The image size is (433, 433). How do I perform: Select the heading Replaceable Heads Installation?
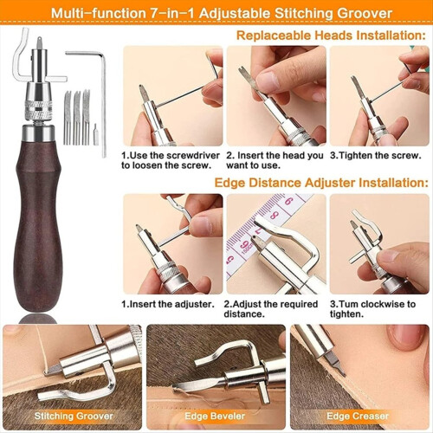click(x=331, y=36)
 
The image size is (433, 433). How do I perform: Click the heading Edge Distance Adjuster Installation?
click(x=321, y=183)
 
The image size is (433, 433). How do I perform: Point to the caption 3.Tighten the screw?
click(x=376, y=156)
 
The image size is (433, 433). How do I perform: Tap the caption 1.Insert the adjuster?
click(x=168, y=304)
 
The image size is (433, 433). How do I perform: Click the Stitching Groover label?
click(x=74, y=416)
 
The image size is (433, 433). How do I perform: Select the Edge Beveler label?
click(x=215, y=416)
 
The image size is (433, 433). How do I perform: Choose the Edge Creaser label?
click(x=358, y=416)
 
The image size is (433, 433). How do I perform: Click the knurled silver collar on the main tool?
click(x=38, y=109)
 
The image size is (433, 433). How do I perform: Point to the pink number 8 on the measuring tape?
click(x=275, y=215)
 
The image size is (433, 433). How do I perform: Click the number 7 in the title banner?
click(x=155, y=14)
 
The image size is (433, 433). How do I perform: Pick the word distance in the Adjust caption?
click(x=244, y=314)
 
